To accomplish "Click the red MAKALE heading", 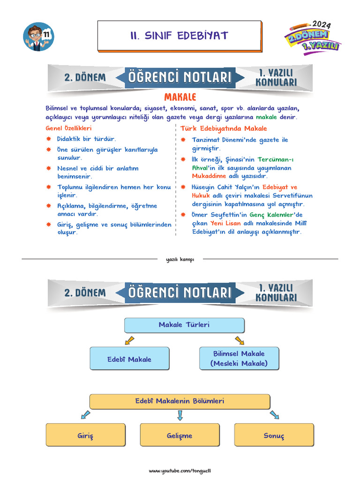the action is coord(180,97).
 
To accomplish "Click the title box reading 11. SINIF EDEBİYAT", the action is coord(179,36).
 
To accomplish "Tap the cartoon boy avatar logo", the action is coord(38,37).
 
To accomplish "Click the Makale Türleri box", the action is coord(184,325).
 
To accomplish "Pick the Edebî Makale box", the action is coord(129,359).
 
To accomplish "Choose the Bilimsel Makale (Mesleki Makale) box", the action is coord(239,359).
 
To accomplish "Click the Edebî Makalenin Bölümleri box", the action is coord(180,401).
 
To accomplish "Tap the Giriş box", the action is coord(86,435).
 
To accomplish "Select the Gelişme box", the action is coord(180,435).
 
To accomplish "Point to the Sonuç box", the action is coord(274,435).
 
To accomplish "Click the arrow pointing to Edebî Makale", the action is coord(130,340).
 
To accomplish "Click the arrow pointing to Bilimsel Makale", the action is coord(240,340).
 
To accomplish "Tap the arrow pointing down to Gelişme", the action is coord(180,415).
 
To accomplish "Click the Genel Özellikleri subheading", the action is coord(68,128).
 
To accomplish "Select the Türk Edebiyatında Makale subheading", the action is coord(224,128).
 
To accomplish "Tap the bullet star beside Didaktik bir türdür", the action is coord(49,139).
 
